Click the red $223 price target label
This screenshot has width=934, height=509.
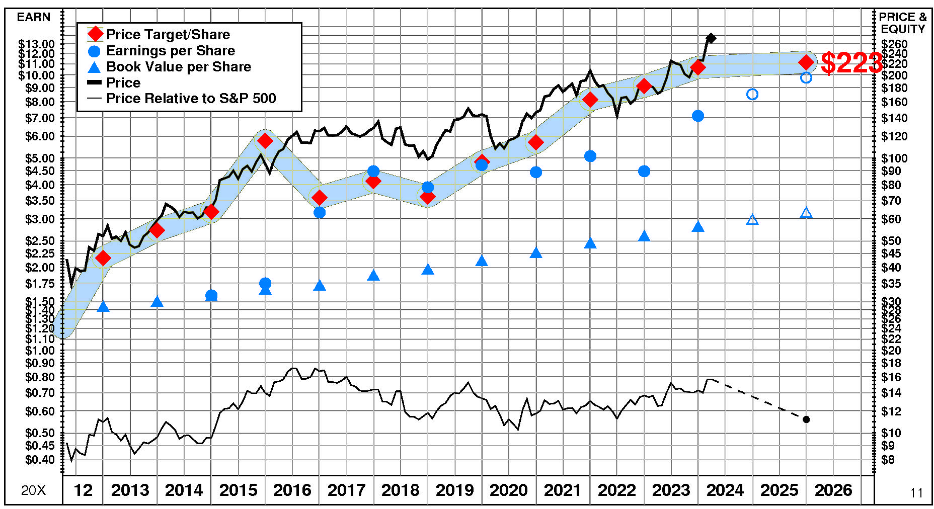[850, 63]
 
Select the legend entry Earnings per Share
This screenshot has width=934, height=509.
[170, 51]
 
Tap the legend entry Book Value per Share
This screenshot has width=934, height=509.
[178, 67]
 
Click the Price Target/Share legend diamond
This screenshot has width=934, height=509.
[95, 34]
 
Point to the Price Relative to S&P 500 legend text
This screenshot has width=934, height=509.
[191, 99]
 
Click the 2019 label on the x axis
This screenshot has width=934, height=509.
[454, 490]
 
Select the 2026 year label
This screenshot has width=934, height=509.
[833, 490]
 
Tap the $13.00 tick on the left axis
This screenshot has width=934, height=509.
[36, 44]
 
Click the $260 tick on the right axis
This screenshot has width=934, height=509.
[894, 44]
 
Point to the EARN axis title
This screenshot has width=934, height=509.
[34, 17]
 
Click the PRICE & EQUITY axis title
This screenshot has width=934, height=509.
[903, 23]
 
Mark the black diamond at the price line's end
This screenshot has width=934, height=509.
[711, 38]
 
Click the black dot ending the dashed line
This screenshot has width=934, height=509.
[806, 419]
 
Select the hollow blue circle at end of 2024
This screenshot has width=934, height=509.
[752, 94]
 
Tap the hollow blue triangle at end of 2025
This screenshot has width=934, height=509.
[806, 213]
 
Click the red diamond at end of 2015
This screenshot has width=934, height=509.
[265, 141]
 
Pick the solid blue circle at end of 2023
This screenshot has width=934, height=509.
[698, 116]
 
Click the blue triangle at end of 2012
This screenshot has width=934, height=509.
[103, 307]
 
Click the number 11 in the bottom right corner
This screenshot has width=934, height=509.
[916, 493]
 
